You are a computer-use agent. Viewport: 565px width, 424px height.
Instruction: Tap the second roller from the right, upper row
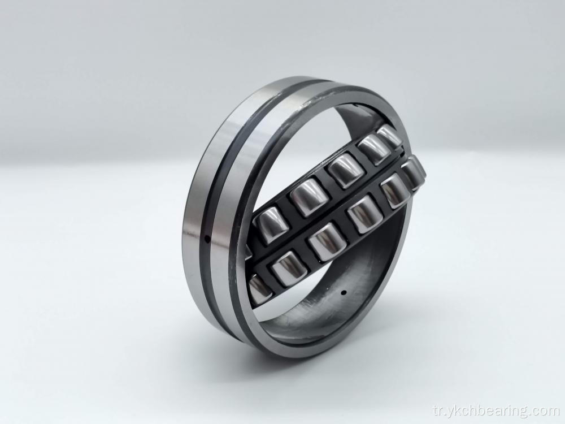[373, 149]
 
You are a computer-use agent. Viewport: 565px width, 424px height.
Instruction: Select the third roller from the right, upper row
[344, 170]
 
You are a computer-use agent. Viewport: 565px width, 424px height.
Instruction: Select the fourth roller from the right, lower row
[326, 241]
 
